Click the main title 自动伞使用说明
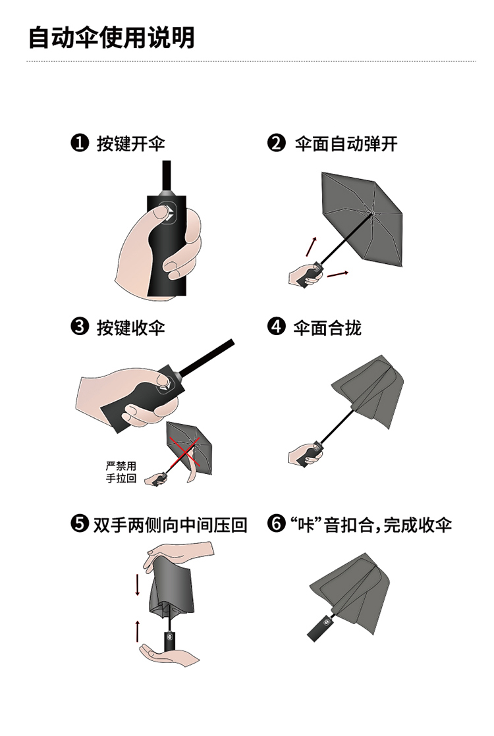pyautogui.click(x=111, y=38)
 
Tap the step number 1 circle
pyautogui.click(x=79, y=143)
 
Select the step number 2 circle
pyautogui.click(x=276, y=143)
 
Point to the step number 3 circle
pyautogui.click(x=79, y=327)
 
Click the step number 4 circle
pyautogui.click(x=276, y=327)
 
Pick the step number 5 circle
pyautogui.click(x=79, y=523)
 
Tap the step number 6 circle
pyautogui.click(x=276, y=523)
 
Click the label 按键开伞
pyautogui.click(x=131, y=143)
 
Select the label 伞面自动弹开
pyautogui.click(x=346, y=143)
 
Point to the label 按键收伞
pyautogui.click(x=131, y=327)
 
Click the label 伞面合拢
pyautogui.click(x=327, y=327)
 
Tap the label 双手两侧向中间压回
pyautogui.click(x=170, y=524)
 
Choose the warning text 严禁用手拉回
pyautogui.click(x=121, y=472)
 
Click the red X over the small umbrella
pyautogui.click(x=186, y=453)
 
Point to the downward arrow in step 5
pyautogui.click(x=138, y=584)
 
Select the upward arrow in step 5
pyautogui.click(x=138, y=631)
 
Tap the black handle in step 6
pyautogui.click(x=321, y=625)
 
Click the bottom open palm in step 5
pyautogui.click(x=169, y=655)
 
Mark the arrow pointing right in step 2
pyautogui.click(x=338, y=274)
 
